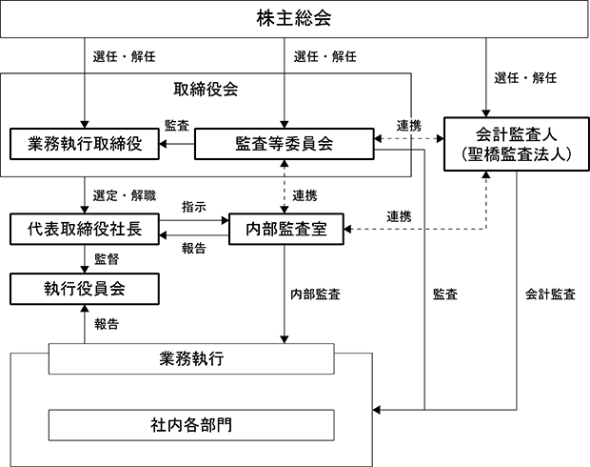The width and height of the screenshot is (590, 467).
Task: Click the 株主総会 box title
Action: (294, 18)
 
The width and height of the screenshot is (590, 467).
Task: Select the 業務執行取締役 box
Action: (85, 144)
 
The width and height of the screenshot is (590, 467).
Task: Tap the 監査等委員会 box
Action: (285, 144)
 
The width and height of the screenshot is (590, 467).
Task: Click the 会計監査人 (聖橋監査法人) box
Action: (516, 144)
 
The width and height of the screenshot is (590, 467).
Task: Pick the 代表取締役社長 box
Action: (85, 229)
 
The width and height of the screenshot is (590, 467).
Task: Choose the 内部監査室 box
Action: (286, 229)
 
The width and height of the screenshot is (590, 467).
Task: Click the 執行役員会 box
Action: (85, 289)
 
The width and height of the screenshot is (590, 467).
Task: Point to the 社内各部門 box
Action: (191, 425)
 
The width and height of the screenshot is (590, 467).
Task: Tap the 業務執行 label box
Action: (191, 358)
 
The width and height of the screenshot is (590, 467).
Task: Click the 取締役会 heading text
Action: (206, 90)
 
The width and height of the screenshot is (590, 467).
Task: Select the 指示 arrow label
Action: (194, 207)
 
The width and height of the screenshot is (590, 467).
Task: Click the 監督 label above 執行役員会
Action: (107, 259)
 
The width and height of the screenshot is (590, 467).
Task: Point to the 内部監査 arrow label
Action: (315, 294)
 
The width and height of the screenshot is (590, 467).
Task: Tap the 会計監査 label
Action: (550, 294)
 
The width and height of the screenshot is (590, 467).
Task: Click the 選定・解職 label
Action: (124, 196)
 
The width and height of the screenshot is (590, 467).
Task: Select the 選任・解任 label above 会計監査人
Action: (525, 78)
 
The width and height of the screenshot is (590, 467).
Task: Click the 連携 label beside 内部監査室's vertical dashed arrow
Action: (305, 195)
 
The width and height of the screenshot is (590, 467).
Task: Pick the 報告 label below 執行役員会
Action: (107, 324)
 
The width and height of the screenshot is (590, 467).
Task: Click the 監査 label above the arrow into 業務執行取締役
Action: (176, 126)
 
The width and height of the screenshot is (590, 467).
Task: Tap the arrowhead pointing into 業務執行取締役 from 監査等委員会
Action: (163, 144)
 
